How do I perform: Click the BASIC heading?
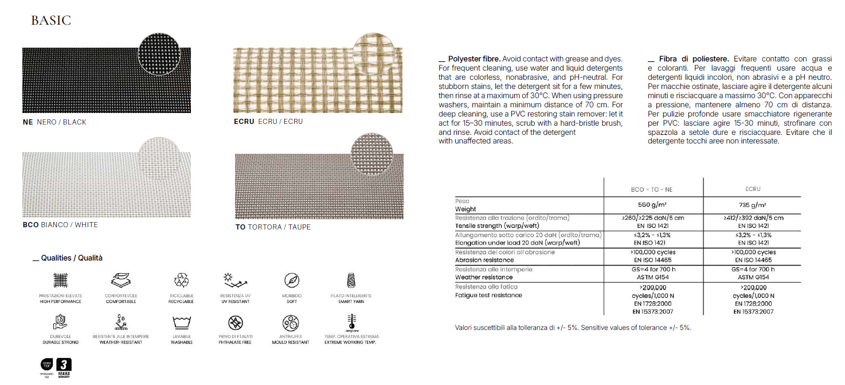tap(51, 21)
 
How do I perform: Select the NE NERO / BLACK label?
tap(54, 122)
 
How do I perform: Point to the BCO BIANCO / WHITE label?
tap(60, 225)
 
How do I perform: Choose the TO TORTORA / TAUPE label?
tap(273, 227)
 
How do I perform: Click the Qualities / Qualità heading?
tap(68, 258)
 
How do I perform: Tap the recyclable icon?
tap(181, 280)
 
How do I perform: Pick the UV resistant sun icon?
tap(236, 280)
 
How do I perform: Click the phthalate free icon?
tap(236, 321)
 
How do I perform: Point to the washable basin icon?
tap(181, 321)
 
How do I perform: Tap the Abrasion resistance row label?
tap(484, 260)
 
